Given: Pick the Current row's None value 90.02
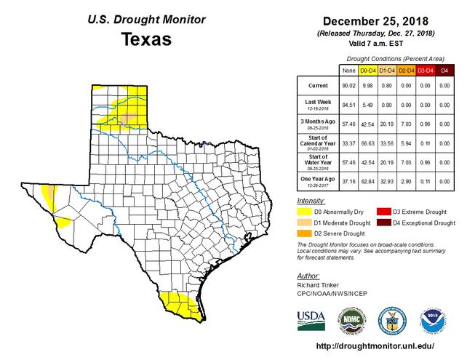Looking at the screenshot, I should [x=351, y=86].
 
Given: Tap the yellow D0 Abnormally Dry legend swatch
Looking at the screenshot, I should [x=305, y=211].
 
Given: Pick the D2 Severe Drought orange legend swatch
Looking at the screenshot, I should [x=305, y=234].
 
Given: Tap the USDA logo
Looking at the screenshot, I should [x=312, y=319].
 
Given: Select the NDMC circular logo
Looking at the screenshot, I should [x=350, y=319].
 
